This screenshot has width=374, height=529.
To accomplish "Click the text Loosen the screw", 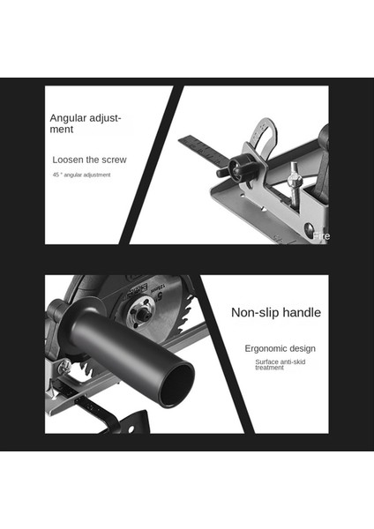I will click(x=89, y=160).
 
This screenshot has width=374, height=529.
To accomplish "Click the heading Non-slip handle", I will click(x=275, y=312).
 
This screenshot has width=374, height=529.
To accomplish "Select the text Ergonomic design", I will click(x=280, y=348).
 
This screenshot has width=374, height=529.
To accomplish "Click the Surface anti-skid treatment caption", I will click(x=280, y=364).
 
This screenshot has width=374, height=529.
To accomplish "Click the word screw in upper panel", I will click(x=113, y=160).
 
